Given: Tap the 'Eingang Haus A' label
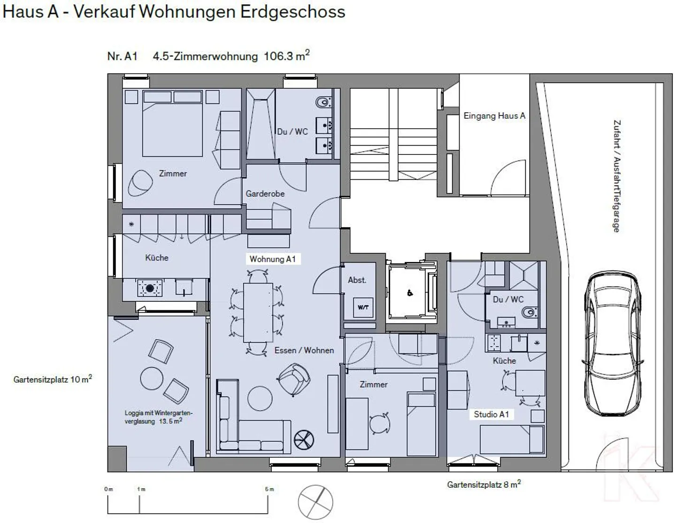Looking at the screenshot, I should tap(494, 116).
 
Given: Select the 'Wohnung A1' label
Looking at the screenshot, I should tap(272, 259).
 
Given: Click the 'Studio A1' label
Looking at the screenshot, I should tap(491, 415).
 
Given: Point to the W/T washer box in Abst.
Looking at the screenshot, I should tap(363, 308).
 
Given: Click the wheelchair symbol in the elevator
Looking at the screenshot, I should tap(410, 293).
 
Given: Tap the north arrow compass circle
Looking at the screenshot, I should tap(316, 502).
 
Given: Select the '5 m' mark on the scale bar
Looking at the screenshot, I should tap(269, 489).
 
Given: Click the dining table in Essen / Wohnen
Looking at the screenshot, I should tap(258, 312).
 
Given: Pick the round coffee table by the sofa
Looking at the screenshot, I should tap(259, 398).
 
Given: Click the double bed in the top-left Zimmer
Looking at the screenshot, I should tap(172, 127).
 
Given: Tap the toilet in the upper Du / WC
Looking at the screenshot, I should tap(323, 102).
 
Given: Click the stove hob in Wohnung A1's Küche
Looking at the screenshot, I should tap(150, 288).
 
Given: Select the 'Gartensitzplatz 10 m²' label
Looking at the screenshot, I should tap(53, 379).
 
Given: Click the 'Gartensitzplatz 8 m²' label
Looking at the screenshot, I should tap(484, 485).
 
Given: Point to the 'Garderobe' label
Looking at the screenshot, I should tap(265, 193).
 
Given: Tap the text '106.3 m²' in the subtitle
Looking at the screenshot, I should tap(286, 56).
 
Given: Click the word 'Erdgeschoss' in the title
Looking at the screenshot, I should tap(292, 12).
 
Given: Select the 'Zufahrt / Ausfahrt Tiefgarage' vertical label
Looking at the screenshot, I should tap(616, 176).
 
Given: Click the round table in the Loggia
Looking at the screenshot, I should tap(151, 377).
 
